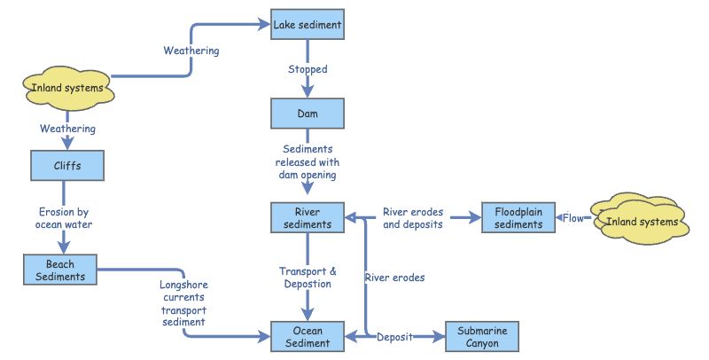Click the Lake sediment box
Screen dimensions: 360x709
(x=307, y=26)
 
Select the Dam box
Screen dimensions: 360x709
(x=307, y=113)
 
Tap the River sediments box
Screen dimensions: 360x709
(x=307, y=217)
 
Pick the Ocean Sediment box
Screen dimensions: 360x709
(x=307, y=336)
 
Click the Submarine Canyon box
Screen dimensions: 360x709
(x=482, y=336)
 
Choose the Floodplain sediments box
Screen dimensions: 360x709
(x=518, y=217)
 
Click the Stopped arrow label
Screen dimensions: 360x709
(x=308, y=69)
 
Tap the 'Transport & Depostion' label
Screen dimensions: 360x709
(x=308, y=278)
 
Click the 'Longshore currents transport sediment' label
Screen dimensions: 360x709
(x=183, y=304)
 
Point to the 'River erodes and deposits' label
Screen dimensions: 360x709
(x=413, y=218)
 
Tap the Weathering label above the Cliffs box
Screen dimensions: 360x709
(x=67, y=129)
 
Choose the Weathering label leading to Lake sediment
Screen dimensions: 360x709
(x=191, y=51)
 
